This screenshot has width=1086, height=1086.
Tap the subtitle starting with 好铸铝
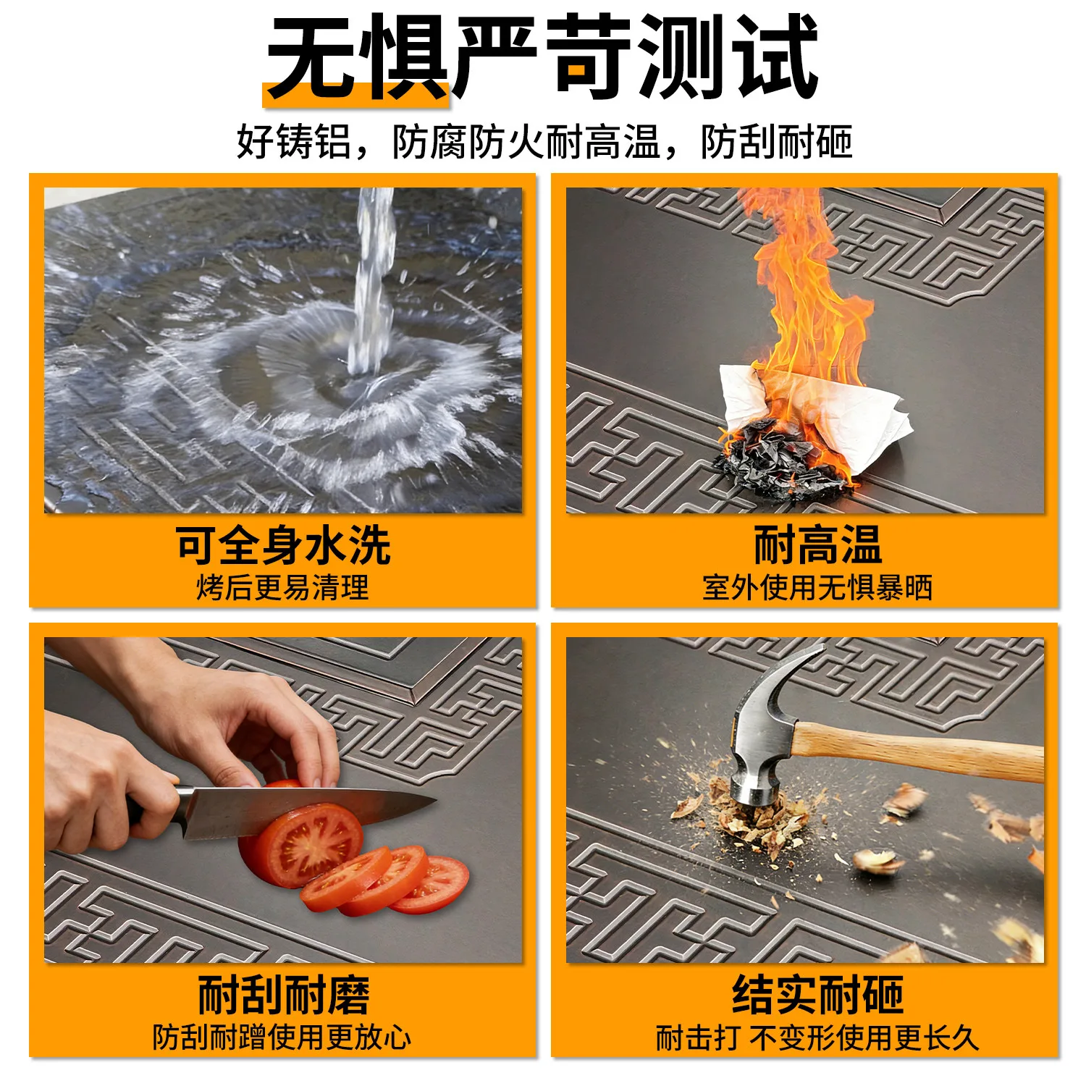pos(544,141)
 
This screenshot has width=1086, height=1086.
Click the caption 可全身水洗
pos(283,545)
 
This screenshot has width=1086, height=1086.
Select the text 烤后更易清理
pos(282,588)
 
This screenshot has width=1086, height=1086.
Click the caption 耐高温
pos(818,545)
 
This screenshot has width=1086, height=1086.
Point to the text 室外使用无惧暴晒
pos(817,588)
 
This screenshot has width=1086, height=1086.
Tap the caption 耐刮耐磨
pos(284,995)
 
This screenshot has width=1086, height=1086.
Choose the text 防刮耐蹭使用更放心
pos(282,1037)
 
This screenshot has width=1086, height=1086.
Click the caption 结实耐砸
pos(818,995)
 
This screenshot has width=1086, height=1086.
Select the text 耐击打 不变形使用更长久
pos(817,1037)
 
